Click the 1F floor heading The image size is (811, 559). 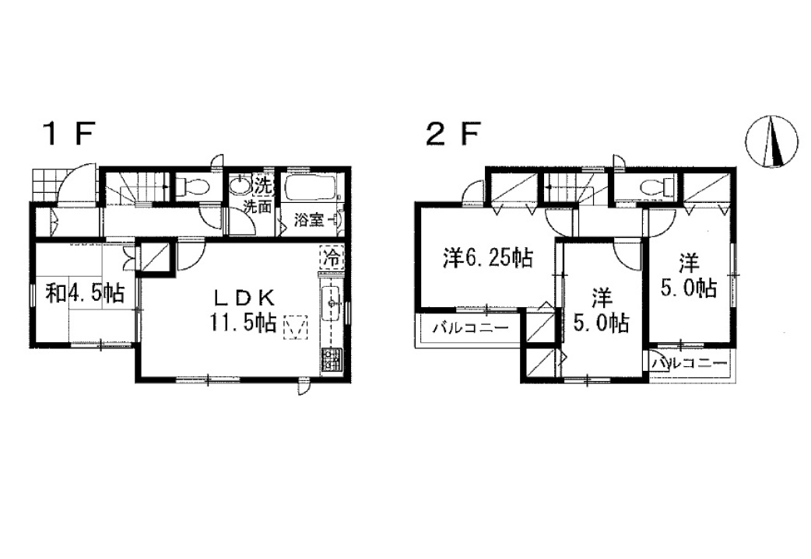click(70, 135)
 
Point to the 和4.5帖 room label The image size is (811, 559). click(86, 294)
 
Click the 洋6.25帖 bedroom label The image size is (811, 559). click(488, 258)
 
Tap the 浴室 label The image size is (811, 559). click(309, 220)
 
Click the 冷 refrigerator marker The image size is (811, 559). click(332, 257)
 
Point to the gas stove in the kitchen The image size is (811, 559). click(332, 360)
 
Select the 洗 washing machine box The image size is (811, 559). click(263, 184)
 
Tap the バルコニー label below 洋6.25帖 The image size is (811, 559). click(471, 328)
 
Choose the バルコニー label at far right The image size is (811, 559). click(690, 363)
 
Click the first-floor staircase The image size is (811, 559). click(137, 189)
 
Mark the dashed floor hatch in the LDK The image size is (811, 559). click(295, 327)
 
